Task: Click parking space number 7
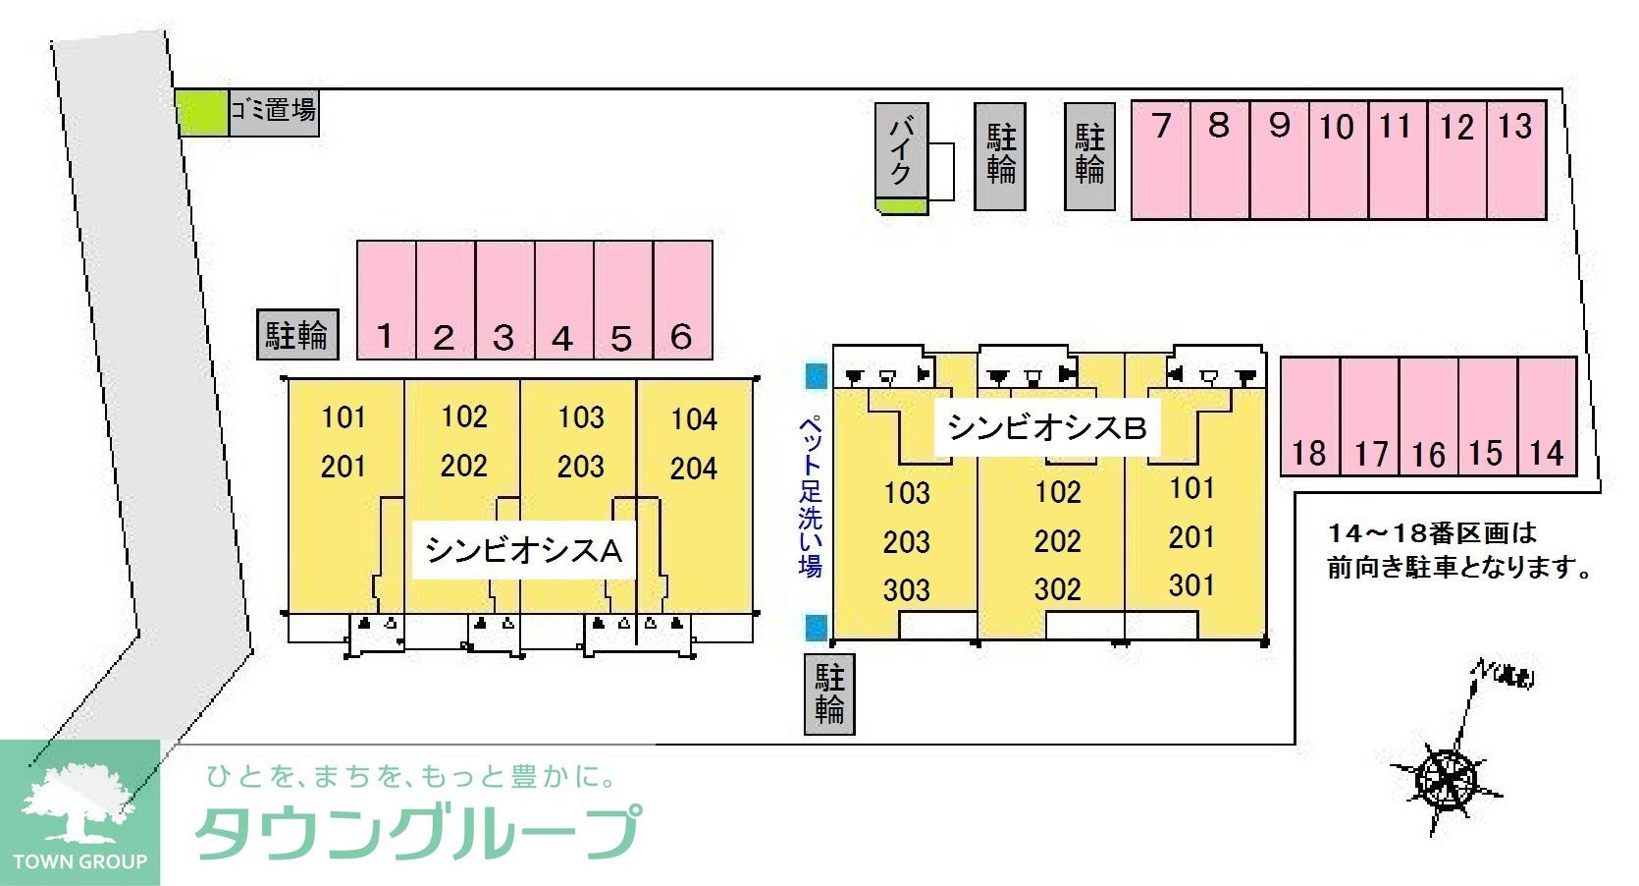(1161, 158)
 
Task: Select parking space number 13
(1516, 158)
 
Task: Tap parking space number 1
(386, 300)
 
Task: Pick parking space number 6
(682, 300)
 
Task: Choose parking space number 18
(1309, 416)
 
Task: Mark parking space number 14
(1547, 416)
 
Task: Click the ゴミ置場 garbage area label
(274, 110)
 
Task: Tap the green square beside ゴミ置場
(202, 112)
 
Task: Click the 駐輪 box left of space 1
(296, 335)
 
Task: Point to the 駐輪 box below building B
(829, 693)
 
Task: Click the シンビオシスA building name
(523, 550)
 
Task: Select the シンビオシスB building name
(1046, 427)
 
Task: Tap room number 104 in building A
(694, 419)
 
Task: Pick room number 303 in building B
(906, 589)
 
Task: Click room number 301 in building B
(1191, 585)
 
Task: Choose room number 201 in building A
(343, 467)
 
